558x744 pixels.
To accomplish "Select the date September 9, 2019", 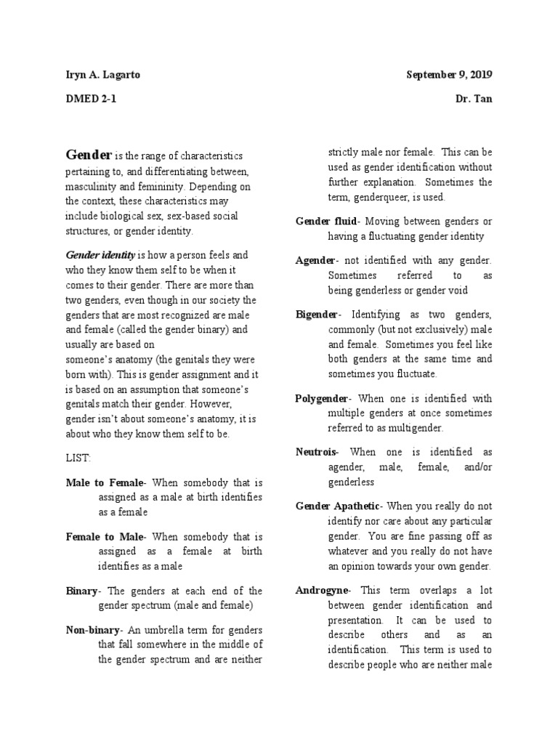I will (x=449, y=75).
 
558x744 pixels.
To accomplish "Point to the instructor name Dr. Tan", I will (x=472, y=99).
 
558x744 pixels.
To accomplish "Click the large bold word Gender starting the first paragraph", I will (x=89, y=155).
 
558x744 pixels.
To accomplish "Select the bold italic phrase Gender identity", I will (x=100, y=255).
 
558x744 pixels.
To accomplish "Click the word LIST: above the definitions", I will (x=78, y=459).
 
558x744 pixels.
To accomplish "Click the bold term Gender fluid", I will (x=328, y=221).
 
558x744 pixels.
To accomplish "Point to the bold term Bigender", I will (x=317, y=315).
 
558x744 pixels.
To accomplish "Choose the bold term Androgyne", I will (x=323, y=590).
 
